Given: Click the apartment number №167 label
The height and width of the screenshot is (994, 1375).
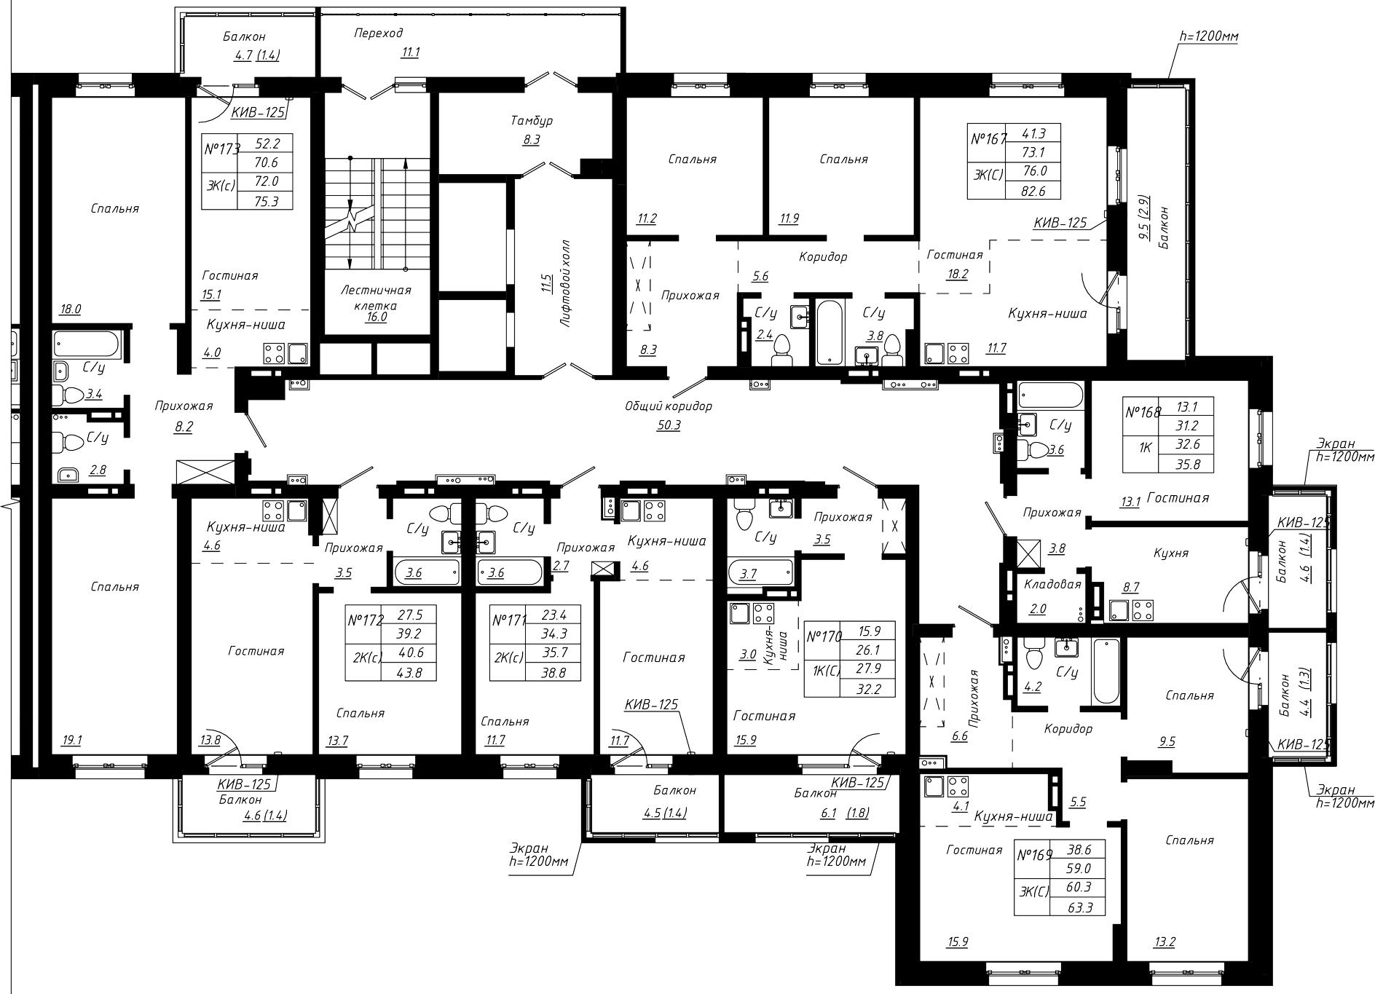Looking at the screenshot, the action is pos(988,139).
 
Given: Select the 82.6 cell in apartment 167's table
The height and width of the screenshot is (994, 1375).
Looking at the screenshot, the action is pos(1032,191).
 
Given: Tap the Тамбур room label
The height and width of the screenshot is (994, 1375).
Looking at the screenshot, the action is pos(532,121).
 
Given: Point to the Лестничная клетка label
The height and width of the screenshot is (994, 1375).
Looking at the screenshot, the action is pos(377,297).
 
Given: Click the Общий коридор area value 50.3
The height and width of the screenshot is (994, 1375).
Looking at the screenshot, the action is pos(668,425).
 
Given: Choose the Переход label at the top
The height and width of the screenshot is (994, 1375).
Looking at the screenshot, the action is pos(379,33).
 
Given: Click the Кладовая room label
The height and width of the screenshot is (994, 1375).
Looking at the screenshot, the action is pos(1052,584).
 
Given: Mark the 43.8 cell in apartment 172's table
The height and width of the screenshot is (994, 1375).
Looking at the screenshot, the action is pos(409,673).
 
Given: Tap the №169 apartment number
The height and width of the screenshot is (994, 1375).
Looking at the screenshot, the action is pos(1034,855).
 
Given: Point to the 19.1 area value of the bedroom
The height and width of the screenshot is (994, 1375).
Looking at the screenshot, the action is pos(72,741).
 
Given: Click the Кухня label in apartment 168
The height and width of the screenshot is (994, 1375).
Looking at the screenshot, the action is pos(1171,553).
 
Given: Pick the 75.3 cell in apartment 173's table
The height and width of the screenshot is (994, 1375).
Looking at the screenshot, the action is pos(266,201).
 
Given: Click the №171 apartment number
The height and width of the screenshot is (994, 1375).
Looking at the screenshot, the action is pos(509,620).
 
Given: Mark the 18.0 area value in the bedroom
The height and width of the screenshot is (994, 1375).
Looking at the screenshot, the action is pos(71,309).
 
